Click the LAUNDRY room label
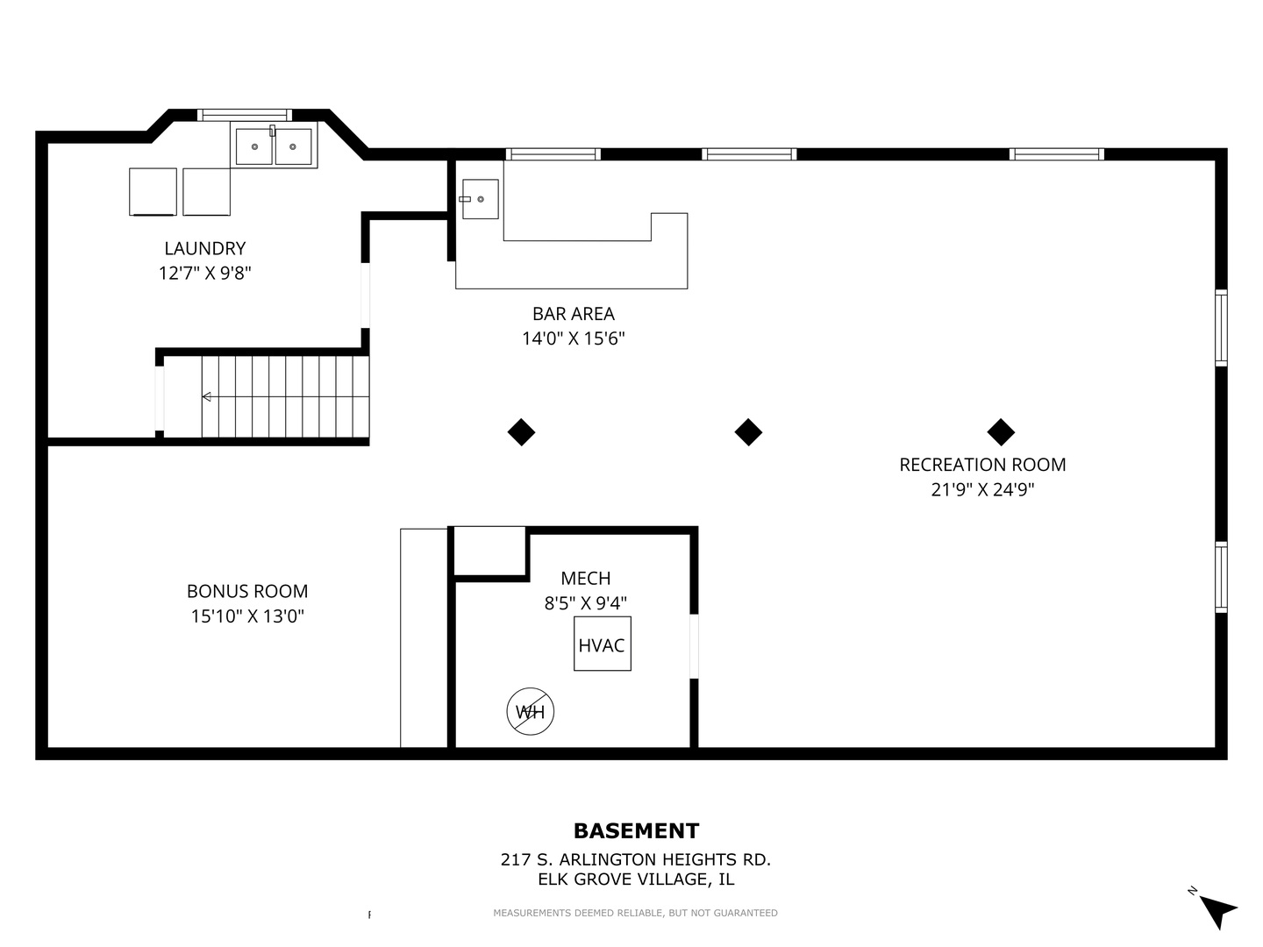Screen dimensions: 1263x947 (x=205, y=248)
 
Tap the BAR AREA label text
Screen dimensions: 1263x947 (x=573, y=314)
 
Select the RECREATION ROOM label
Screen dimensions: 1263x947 (x=982, y=465)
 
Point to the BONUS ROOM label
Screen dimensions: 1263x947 (x=247, y=591)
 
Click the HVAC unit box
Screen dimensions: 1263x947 (x=602, y=644)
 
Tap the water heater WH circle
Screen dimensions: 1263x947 (x=530, y=711)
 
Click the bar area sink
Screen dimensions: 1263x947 (x=480, y=199)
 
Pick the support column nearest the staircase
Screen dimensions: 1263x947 (x=521, y=432)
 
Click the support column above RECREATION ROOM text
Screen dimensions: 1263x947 (x=1001, y=432)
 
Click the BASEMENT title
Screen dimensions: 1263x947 (x=636, y=831)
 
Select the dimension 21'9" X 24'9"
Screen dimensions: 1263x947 (x=982, y=489)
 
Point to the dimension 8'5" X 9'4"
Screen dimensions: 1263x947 (x=585, y=603)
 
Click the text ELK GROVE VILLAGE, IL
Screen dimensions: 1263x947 (x=636, y=879)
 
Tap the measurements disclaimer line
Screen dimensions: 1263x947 (x=635, y=913)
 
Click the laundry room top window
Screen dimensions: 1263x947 (x=245, y=114)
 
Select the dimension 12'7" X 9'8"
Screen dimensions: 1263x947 (x=205, y=273)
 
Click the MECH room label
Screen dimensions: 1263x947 (x=585, y=579)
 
